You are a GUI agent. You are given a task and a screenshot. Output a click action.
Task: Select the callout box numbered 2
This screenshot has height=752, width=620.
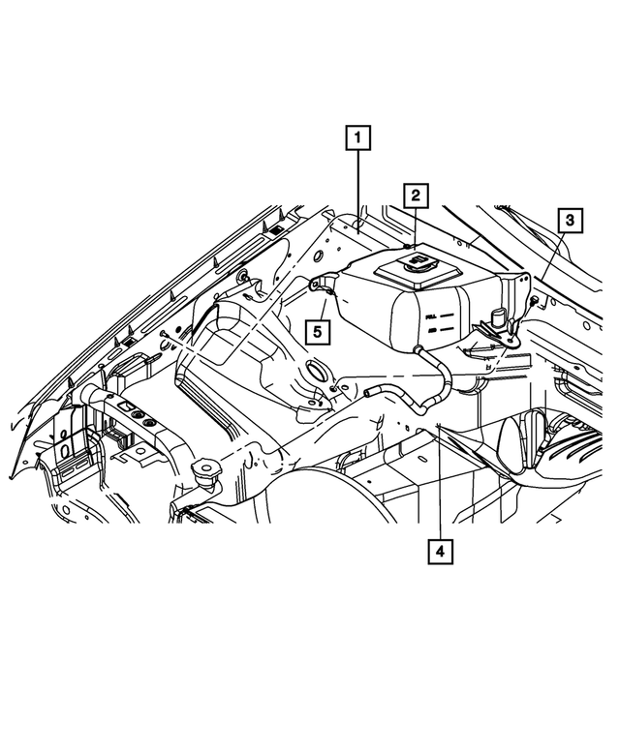[415, 196]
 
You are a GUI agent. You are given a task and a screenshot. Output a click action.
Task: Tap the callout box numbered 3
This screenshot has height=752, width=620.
[571, 221]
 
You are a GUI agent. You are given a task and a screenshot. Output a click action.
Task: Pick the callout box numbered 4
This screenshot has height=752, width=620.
[440, 552]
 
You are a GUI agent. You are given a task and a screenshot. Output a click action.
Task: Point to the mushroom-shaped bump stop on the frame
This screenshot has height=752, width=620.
[205, 474]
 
